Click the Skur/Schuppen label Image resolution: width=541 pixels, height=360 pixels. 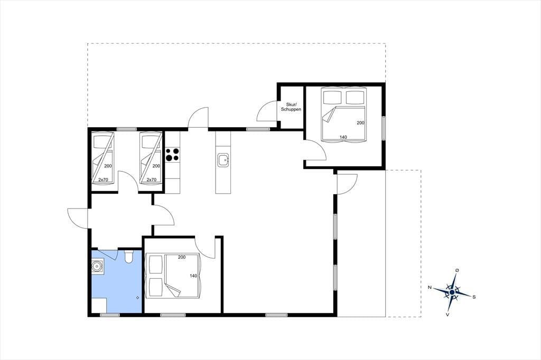pos(291,107)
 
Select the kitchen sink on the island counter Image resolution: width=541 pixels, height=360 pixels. pos(223,159)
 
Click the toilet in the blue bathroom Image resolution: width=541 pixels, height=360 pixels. pos(128,256)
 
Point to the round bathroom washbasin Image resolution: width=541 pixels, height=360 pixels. pos(97,266)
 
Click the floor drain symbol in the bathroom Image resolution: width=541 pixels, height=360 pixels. pos(138,297)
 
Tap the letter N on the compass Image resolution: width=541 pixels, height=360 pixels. pos(430,287)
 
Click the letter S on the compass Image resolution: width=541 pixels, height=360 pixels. pos(474,297)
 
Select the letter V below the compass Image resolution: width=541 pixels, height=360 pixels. pos(447,315)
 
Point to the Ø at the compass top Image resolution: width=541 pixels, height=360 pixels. pos(457,270)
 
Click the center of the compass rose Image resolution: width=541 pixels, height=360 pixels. pos(452,292)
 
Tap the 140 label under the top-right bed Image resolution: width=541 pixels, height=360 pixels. pos(343,137)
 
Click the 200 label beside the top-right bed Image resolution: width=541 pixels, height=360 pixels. pos(360,123)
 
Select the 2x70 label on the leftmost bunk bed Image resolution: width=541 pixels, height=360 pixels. pos(103,179)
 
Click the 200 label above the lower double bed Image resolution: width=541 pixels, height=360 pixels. pos(182,257)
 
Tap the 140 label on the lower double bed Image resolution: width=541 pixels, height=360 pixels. pos(193,276)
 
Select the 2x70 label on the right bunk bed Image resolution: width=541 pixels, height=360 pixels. pos(152,179)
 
